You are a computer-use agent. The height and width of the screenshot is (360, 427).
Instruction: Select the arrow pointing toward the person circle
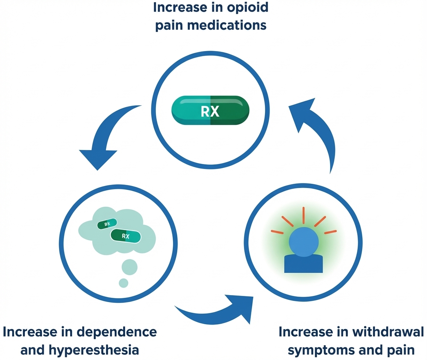(213, 309)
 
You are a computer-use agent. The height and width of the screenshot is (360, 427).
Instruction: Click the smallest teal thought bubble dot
(124, 283)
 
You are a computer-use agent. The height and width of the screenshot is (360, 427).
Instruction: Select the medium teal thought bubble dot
(130, 267)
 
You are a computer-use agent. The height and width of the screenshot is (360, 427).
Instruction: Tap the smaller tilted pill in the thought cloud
(107, 225)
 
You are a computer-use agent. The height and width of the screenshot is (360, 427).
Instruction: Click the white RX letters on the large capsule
(210, 111)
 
